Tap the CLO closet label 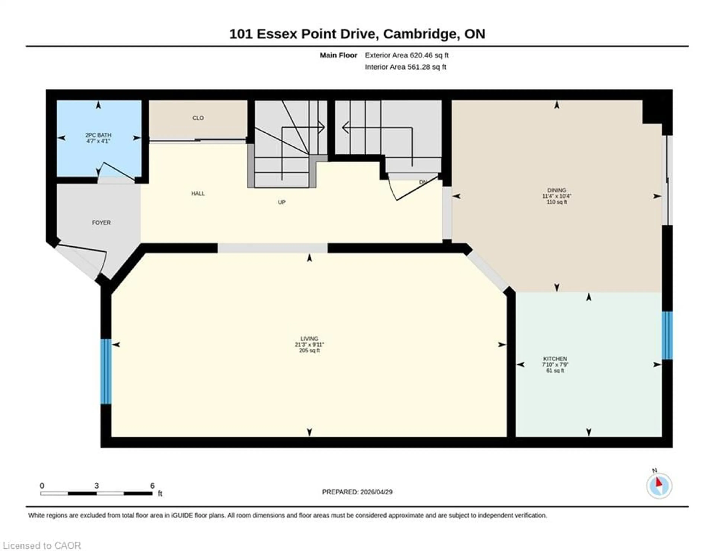(198, 118)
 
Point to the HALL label (198, 194)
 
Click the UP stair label (282, 202)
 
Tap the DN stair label (423, 182)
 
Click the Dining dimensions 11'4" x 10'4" (557, 196)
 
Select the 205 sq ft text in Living (309, 351)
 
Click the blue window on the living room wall (106, 372)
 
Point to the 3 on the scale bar (97, 486)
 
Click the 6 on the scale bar (152, 486)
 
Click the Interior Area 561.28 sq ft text (405, 67)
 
